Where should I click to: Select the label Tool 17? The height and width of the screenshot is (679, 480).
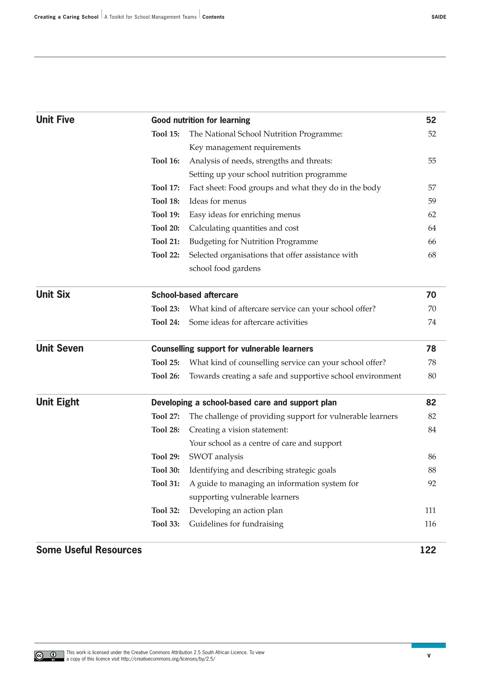pos(165,188)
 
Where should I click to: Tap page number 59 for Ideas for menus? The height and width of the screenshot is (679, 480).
pos(431,201)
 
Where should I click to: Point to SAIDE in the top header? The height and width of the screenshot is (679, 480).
pos(438,17)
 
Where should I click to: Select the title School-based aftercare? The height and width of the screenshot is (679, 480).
pos(195,295)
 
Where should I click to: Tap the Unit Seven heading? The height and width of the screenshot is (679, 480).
pos(60,348)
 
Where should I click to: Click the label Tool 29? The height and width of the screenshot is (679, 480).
pos(165,456)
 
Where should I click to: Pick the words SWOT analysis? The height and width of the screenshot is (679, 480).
pos(216,456)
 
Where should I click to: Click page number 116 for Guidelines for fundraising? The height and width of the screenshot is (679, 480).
pos(430,524)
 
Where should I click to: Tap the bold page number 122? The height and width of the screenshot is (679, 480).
pos(428,550)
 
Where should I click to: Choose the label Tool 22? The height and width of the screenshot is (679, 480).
pos(165,255)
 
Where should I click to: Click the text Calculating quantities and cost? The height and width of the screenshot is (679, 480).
pos(244,228)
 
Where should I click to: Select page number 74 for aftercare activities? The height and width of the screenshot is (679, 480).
pos(431,322)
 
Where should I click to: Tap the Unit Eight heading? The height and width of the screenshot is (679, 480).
pos(58,402)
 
